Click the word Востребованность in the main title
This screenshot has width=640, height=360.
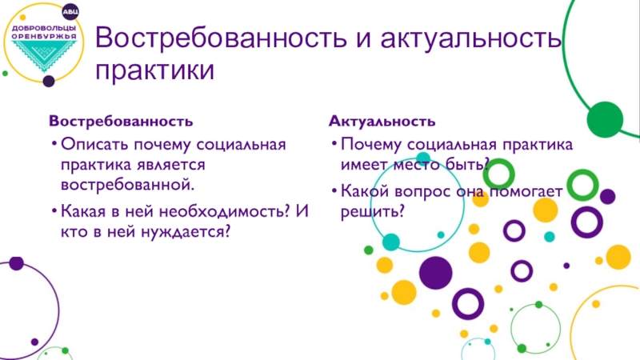point(221,37)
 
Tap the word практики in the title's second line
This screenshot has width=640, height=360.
point(154,70)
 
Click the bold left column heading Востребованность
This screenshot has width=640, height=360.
point(121,122)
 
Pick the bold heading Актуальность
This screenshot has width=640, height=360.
point(382,122)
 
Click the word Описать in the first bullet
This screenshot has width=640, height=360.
point(94,145)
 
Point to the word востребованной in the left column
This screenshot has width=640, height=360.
point(128,185)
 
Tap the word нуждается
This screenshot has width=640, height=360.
point(186,232)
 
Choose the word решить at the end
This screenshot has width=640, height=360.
point(372,212)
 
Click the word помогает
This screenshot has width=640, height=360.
point(526,191)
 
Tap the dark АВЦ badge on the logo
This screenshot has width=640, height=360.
point(70,12)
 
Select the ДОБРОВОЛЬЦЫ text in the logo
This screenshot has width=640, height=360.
point(44,28)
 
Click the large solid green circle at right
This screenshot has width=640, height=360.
point(605,119)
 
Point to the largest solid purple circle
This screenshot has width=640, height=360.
point(435,273)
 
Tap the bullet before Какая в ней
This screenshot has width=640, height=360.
point(54,211)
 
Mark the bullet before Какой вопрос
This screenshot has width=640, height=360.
point(334,190)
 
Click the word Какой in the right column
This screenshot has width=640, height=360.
point(365,191)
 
